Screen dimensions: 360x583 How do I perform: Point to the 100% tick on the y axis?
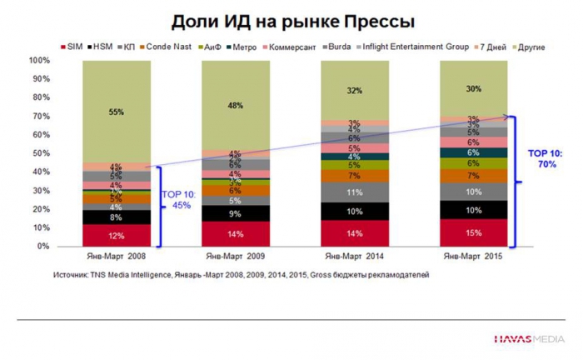point(39,61)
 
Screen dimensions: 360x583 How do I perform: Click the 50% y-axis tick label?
point(41,154)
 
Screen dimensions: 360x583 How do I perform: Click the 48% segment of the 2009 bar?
point(235,105)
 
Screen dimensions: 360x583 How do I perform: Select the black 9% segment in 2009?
point(235,213)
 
